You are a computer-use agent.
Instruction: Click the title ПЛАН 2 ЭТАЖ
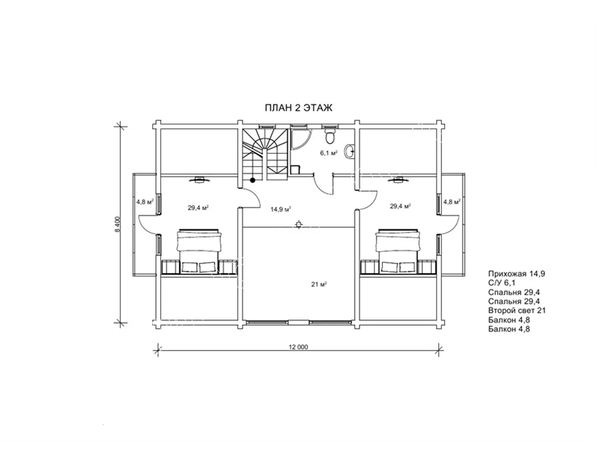[x=298, y=108]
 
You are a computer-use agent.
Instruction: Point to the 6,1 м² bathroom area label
[x=329, y=153]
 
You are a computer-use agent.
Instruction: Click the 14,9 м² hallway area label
[x=281, y=210]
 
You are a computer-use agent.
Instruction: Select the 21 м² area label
[x=319, y=284]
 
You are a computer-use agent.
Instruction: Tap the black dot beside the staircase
[x=252, y=180]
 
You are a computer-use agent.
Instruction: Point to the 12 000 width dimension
[x=298, y=347]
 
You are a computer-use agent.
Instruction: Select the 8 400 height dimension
[x=118, y=225]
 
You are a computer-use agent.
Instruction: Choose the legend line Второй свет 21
[x=517, y=310]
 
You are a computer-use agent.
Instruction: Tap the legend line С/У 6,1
[x=502, y=283]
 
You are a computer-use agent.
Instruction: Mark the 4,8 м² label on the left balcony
[x=145, y=202]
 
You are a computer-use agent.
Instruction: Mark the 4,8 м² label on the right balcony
[x=452, y=202]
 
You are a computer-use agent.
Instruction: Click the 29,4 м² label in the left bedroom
[x=198, y=208]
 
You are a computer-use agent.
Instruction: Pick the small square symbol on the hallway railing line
[x=298, y=225]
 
